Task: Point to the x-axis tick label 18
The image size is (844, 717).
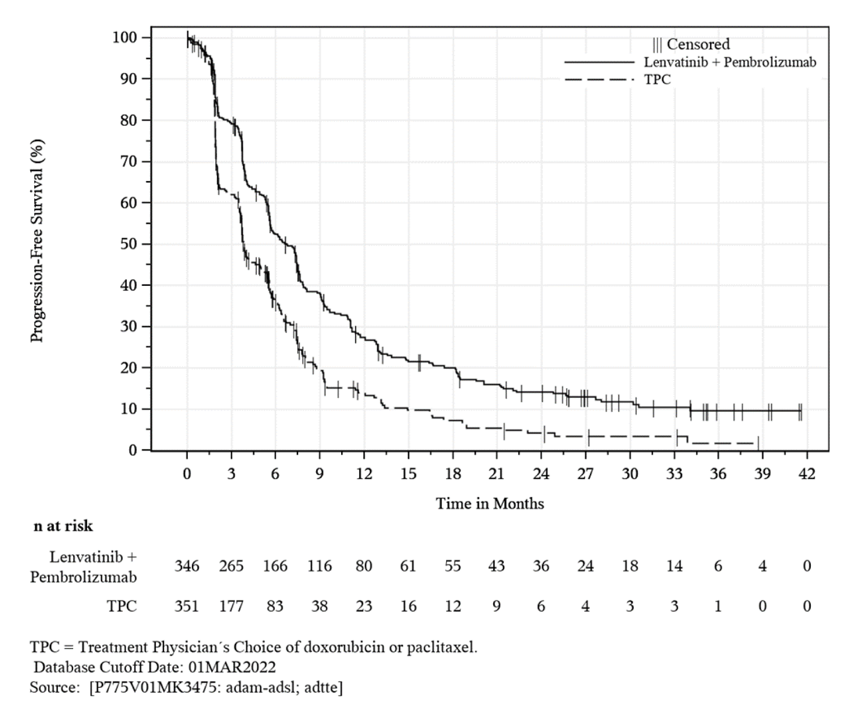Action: pyautogui.click(x=452, y=474)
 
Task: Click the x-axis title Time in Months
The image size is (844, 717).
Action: pyautogui.click(x=490, y=504)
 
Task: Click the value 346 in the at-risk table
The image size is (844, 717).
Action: pyautogui.click(x=187, y=566)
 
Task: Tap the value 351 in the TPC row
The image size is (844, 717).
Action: pyautogui.click(x=187, y=606)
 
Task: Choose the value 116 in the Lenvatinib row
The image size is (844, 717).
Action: pyautogui.click(x=319, y=566)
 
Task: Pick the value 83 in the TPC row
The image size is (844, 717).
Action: pyautogui.click(x=275, y=606)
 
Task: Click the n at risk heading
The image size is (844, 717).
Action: pyautogui.click(x=63, y=526)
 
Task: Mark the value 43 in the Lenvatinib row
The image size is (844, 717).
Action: pyautogui.click(x=496, y=566)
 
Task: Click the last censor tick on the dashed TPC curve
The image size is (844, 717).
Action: pyautogui.click(x=758, y=443)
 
